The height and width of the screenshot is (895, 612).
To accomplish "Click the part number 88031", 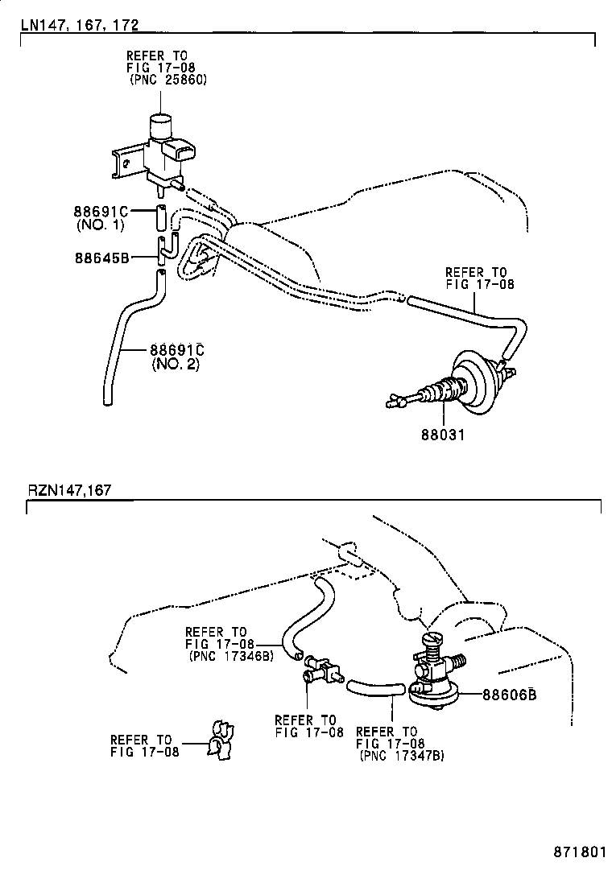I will [444, 435].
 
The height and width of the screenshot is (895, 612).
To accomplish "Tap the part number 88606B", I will [510, 695].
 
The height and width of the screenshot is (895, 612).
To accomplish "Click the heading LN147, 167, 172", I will [80, 25].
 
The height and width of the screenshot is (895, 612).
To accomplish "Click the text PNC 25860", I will [167, 80].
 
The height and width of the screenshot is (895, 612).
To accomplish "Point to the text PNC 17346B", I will [232, 655].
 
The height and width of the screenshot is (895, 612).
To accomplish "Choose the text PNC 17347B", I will [400, 755].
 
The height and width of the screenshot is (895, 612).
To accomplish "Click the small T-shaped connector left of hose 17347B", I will [320, 669].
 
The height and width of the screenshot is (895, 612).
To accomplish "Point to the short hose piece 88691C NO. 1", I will [160, 217].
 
